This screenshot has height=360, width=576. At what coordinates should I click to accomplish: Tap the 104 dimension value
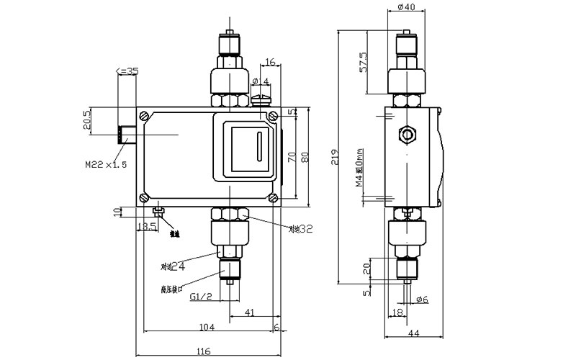tap(206, 328)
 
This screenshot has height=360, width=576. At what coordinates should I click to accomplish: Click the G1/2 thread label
tap(200, 297)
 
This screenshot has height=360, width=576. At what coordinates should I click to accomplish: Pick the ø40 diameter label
tap(407, 8)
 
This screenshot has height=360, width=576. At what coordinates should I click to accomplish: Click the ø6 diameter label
tap(421, 299)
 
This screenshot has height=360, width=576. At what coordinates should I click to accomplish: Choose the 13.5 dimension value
tap(147, 228)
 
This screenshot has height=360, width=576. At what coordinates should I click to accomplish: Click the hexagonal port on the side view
tap(408, 134)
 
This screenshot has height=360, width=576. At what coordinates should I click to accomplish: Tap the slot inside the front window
tap(257, 147)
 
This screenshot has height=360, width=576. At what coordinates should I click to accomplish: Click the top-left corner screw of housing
tap(146, 114)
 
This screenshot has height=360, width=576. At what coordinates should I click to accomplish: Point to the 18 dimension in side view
tap(397, 312)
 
